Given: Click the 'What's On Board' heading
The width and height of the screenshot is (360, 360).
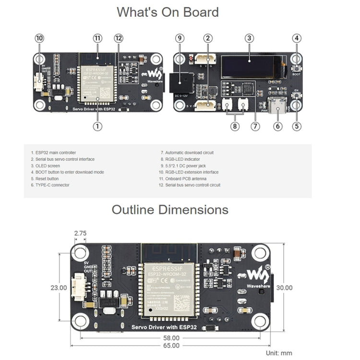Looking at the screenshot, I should coord(168,12).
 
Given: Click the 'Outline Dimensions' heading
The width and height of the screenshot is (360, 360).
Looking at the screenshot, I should coord(170,210).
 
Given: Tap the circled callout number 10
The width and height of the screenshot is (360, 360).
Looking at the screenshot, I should coord(39,38).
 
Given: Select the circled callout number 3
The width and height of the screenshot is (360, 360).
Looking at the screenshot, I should coord(249,38).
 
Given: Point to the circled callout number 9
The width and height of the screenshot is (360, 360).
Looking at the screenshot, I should coord(180,38).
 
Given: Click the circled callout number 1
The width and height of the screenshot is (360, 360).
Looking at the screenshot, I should coord(97,127).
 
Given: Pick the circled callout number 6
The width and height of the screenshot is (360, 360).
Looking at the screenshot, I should coord(276,127).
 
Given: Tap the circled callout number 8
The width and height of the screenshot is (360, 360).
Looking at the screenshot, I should coord(235,127).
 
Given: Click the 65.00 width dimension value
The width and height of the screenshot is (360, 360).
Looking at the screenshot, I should coord(171,345).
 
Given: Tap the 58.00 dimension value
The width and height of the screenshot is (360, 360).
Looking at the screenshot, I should coord(171,337).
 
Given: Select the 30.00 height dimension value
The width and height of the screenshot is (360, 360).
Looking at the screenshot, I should coord(298,288).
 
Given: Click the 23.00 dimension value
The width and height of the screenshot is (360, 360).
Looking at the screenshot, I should coord(59,288).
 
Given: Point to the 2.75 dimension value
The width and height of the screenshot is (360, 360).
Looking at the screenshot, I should coord(80,233).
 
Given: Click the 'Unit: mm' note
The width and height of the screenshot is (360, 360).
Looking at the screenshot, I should coord(278,353).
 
